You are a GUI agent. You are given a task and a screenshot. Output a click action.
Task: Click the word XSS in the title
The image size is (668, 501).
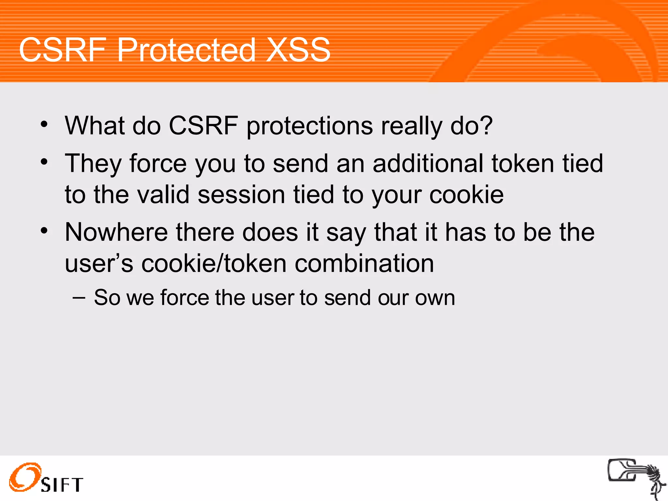[x=298, y=50]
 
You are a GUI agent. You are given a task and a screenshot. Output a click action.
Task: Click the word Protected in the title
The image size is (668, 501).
[x=186, y=50]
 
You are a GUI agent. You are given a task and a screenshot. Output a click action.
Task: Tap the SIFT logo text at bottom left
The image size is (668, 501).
[x=62, y=485]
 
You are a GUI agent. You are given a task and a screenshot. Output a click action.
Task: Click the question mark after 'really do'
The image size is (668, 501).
[x=486, y=125]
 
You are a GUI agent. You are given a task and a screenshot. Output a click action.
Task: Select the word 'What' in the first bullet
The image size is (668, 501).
[x=95, y=125]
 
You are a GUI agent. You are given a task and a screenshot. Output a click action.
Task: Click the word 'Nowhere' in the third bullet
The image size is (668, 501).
[x=116, y=232]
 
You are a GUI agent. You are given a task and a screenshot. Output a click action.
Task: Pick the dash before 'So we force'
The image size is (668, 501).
[x=79, y=297]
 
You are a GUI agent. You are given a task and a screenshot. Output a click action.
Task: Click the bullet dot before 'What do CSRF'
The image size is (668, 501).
[x=44, y=124]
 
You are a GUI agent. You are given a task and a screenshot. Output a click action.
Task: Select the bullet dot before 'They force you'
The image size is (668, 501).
[x=44, y=162]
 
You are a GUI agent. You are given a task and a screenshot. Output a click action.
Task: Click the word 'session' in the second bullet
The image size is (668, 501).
[x=241, y=195]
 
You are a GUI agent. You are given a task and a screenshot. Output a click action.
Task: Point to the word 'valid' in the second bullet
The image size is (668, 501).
[x=163, y=195]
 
